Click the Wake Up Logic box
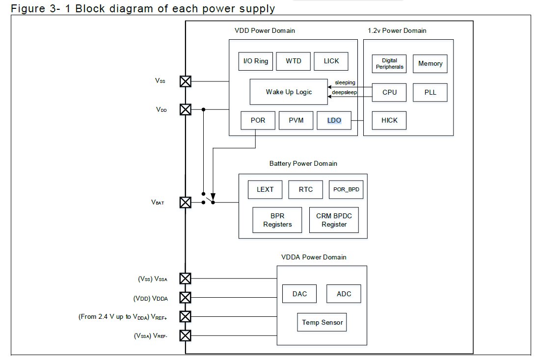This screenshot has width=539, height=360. pos(289,92)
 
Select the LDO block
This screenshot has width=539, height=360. pos(334,120)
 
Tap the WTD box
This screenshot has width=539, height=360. pos(294,61)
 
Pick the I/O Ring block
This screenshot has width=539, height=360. pos(256,61)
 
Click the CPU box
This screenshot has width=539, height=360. pos(389,92)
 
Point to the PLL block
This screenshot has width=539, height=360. pos(430,92)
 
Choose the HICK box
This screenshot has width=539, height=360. pos(389,120)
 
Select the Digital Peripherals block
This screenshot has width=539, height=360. pos(389,64)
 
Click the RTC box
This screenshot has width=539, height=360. pos(306,189)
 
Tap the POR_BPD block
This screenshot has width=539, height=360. pos(346,189)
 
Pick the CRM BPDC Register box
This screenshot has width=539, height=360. pos(334,220)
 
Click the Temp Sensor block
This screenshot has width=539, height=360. pos(322,322)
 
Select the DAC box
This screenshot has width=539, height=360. pos(299,294)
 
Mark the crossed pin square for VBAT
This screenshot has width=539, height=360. pos(185,202)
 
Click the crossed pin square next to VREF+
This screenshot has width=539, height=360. pos(185,316)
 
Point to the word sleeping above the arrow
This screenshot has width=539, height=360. pos(345,82)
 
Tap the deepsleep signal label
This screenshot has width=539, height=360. pos(344,92)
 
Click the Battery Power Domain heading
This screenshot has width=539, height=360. pos(303,163)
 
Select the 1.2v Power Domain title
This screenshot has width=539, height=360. pos(397,30)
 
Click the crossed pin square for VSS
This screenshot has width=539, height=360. pos(185,81)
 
